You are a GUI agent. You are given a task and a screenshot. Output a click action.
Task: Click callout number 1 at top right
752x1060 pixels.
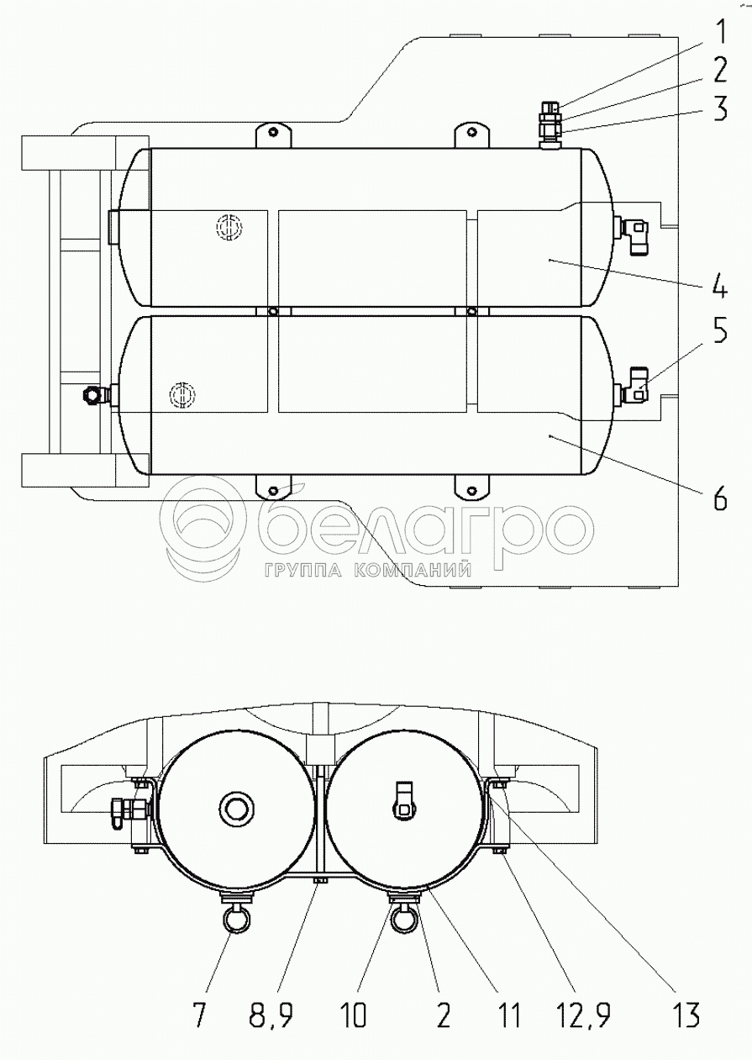720,33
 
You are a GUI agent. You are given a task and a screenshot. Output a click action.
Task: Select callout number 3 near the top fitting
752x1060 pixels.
720,108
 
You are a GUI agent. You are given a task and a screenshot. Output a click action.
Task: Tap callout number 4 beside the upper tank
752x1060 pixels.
719,285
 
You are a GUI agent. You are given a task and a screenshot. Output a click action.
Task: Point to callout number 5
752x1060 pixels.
720,332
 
